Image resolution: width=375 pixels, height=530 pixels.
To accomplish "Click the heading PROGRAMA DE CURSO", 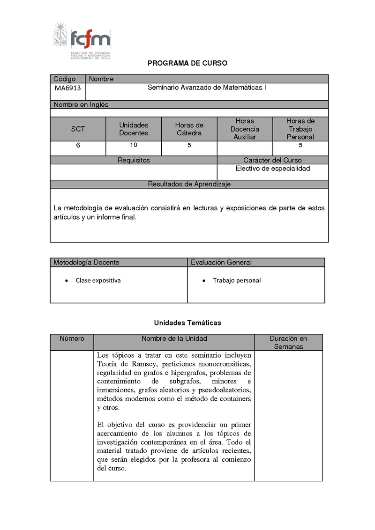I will [187, 63].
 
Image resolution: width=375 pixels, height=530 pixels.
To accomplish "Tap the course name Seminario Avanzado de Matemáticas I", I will [207, 87].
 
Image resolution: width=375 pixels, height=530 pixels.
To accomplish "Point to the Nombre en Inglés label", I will [81, 105].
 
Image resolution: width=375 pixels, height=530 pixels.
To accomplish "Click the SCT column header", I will [78, 129].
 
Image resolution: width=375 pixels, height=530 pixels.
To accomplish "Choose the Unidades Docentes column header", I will [134, 129].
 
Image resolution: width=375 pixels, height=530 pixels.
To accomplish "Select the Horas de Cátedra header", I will [189, 129].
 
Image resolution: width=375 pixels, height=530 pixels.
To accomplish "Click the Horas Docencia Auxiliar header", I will [245, 129].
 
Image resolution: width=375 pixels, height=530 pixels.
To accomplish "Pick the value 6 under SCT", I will [78, 146].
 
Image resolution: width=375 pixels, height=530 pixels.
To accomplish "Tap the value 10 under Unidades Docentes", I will [134, 145].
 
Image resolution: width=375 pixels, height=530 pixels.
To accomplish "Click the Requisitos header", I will [134, 160].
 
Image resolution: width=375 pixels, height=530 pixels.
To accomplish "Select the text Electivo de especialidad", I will [273, 169].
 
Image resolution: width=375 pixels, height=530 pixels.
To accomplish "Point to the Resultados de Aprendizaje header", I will [189, 184].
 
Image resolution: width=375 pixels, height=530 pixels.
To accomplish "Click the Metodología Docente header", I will [86, 262].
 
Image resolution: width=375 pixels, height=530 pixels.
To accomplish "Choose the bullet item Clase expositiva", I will [98, 280].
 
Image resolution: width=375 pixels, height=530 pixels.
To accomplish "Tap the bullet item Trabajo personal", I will [237, 280].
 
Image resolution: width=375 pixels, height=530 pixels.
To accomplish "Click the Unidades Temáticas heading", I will [187, 323].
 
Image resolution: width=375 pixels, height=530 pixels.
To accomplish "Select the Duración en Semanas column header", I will [288, 342].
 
